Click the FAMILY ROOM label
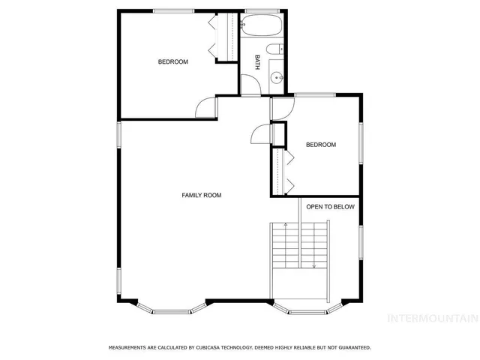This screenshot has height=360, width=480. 202,195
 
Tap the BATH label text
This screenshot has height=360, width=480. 257,61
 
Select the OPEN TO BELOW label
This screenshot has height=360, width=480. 330,206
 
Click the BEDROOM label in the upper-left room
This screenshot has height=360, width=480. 172,61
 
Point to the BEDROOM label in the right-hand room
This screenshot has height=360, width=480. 321,145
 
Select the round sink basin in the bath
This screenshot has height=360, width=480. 277,76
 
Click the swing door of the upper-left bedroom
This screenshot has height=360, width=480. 205,109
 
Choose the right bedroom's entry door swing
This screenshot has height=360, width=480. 279,106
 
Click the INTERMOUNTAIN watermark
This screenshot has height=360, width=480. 432,318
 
